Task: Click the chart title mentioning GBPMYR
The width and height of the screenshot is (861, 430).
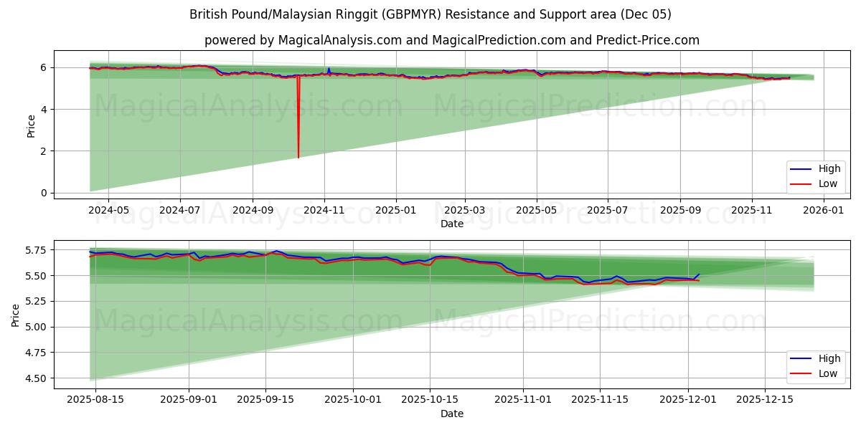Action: pyautogui.click(x=430, y=14)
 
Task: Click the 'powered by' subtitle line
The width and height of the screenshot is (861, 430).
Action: pyautogui.click(x=451, y=40)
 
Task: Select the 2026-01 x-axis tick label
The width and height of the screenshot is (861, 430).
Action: pyautogui.click(x=823, y=211)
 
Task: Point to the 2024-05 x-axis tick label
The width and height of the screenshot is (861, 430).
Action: pyautogui.click(x=108, y=211)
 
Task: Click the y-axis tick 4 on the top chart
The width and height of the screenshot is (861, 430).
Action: pyautogui.click(x=44, y=110)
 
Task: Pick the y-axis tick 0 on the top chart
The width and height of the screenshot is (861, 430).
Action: pyautogui.click(x=44, y=193)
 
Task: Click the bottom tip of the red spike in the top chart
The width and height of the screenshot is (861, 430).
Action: pyautogui.click(x=298, y=157)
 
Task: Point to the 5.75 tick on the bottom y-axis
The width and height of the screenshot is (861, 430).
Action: pyautogui.click(x=34, y=250)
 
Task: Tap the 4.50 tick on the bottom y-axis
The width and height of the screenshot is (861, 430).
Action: pyautogui.click(x=34, y=378)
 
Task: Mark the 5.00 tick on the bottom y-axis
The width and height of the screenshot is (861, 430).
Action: pyautogui.click(x=34, y=327)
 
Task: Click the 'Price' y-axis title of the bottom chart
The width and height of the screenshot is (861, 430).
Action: pyautogui.click(x=15, y=315)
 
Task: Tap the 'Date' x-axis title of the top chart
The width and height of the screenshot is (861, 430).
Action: pyautogui.click(x=452, y=224)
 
